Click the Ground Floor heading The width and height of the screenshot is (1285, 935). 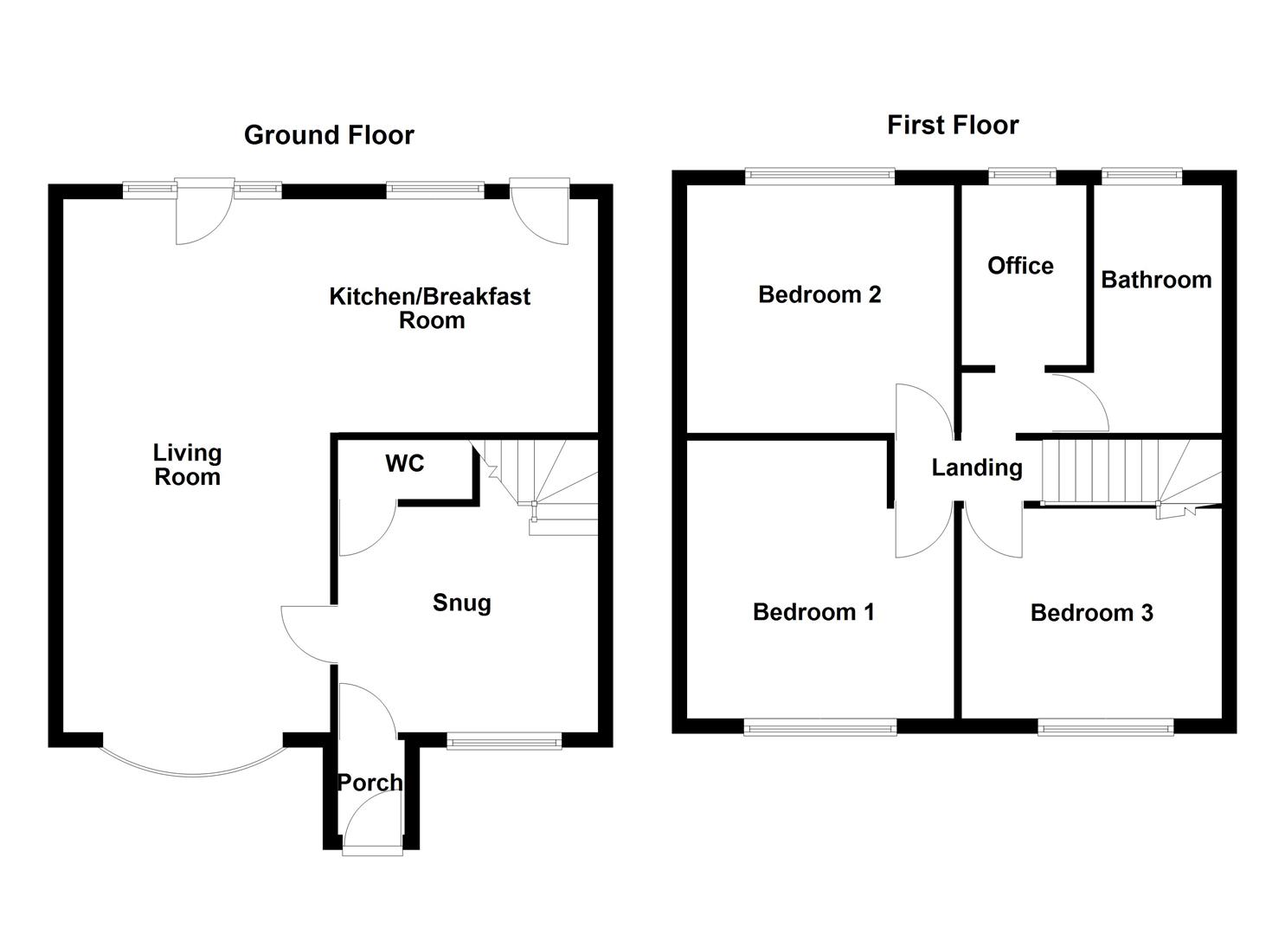329,135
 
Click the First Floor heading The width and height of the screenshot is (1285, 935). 952,125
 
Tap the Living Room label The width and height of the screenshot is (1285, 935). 187,465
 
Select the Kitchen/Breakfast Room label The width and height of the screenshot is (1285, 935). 430,308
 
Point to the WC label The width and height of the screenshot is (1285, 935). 404,463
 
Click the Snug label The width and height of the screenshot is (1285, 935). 461,603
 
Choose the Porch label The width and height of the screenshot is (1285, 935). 369,783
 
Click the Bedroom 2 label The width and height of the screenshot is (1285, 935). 819,294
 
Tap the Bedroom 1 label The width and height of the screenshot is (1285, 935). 813,612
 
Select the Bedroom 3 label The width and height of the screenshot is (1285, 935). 1091,613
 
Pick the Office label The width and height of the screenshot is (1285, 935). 1020,266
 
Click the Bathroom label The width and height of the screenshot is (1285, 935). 1155,280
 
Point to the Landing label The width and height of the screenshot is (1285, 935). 976,467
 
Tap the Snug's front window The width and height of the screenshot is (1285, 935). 504,739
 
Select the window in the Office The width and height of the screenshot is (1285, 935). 1022,177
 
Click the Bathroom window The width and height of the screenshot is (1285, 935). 1141,177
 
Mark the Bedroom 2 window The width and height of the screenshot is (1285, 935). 819,177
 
